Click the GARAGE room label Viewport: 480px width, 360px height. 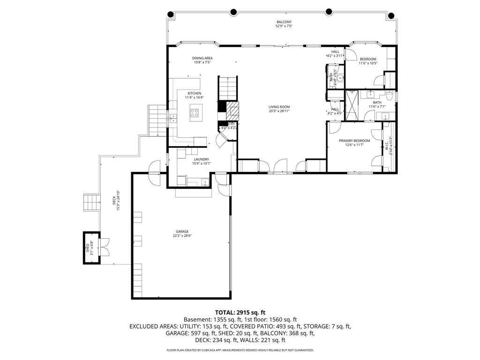point(182,232)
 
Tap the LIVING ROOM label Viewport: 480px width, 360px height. point(279,106)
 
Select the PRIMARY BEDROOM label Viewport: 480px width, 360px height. point(354,141)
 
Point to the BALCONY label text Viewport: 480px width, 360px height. point(284,22)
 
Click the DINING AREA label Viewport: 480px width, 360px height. point(202,58)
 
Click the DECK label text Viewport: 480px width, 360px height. point(114,200)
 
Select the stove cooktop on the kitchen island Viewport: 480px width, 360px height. point(195,112)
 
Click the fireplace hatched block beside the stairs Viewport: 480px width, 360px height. point(233,111)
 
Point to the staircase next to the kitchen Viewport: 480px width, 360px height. point(228,88)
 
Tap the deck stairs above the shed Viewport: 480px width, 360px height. point(91,202)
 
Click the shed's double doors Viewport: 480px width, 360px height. point(105,247)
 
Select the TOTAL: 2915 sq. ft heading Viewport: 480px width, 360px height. point(240,312)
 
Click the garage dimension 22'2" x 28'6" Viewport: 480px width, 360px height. point(182,236)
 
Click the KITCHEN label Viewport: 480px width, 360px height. point(194,94)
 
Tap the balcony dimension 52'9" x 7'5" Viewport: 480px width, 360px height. point(284,26)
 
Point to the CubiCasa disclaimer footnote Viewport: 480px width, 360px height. point(240,350)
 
